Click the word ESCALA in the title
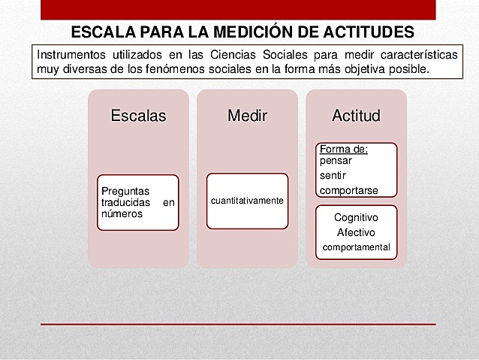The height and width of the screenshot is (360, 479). pos(101,32)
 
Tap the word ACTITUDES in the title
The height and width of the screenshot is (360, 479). pos(366,32)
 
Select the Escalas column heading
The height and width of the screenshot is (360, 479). pos(138,116)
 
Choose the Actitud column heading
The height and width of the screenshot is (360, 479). pos(356,116)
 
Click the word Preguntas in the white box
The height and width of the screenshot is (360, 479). pos(126,191)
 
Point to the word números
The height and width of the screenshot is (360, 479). pos(121,213)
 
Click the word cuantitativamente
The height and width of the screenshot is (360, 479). pos(247,201)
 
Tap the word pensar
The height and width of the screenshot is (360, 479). pos(336,160)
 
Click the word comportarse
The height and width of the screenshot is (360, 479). pos(349,189)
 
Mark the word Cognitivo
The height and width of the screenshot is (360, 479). pos(356,217)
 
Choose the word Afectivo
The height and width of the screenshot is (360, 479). pos(356,232)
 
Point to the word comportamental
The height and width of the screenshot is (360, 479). pos(356,247)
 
